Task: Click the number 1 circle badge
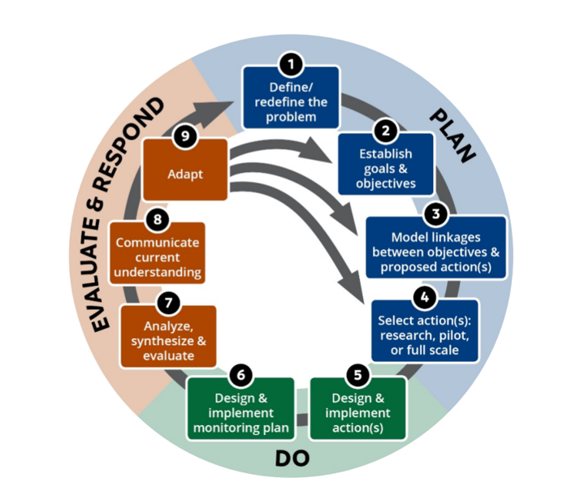click(x=291, y=63)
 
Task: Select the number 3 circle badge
click(x=436, y=214)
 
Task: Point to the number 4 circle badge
click(x=422, y=297)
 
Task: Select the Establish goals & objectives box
click(x=385, y=167)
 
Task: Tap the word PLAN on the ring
click(x=451, y=136)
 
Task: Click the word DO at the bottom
click(x=292, y=458)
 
